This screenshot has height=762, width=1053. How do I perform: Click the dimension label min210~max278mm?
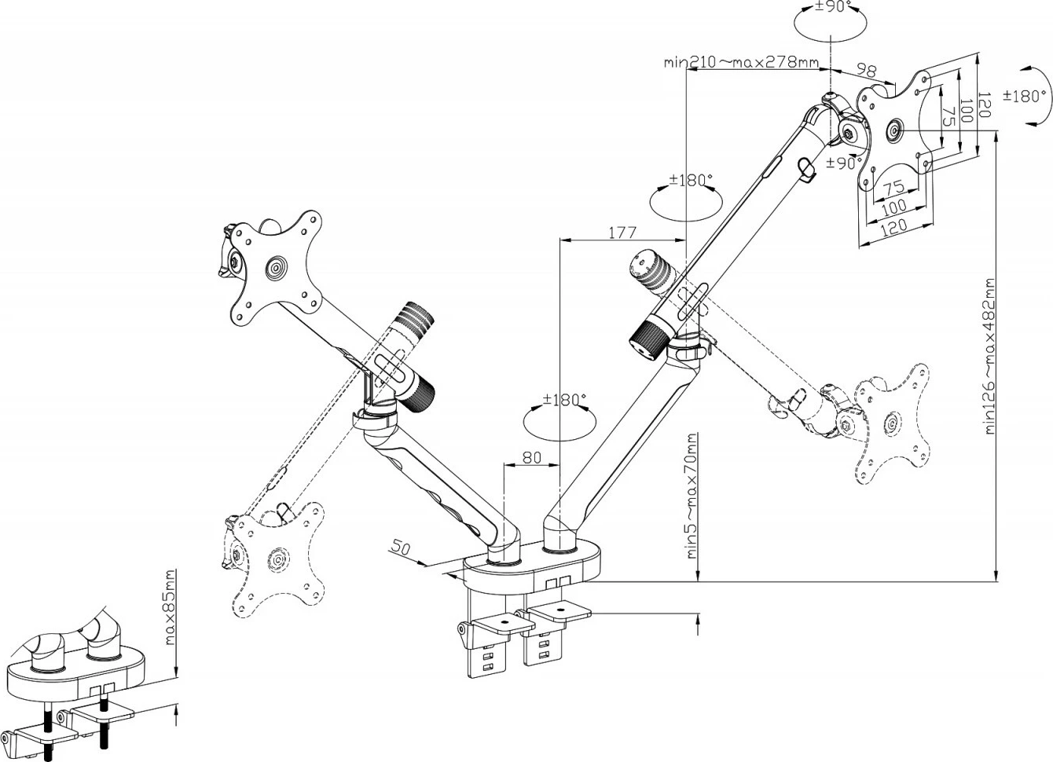click(x=741, y=62)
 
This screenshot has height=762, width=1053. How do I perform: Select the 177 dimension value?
click(x=622, y=233)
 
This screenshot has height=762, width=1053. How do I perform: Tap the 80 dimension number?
click(x=532, y=457)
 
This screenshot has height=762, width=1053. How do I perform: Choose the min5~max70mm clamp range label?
click(x=692, y=495)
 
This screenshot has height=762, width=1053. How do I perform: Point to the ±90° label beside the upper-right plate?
click(x=841, y=163)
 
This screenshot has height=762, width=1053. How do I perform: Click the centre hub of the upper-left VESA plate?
click(x=276, y=267)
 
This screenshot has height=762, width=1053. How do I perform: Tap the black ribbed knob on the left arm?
click(x=417, y=390)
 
